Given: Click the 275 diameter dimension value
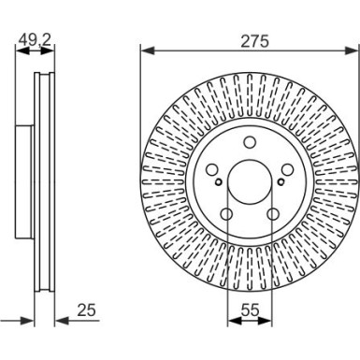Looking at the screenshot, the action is (x=254, y=42).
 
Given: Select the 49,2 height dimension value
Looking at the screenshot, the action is (x=35, y=40).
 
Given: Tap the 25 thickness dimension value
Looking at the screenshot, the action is (x=86, y=310).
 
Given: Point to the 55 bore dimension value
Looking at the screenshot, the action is (x=250, y=310).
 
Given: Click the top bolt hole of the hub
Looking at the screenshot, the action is (x=250, y=142).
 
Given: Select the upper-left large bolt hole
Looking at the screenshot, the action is (x=212, y=170).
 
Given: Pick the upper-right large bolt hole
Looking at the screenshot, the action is (x=287, y=170).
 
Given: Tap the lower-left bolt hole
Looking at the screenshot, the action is (x=226, y=214).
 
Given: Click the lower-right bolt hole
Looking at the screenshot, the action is (x=273, y=214).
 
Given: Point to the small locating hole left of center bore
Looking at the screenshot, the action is (x=219, y=181).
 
